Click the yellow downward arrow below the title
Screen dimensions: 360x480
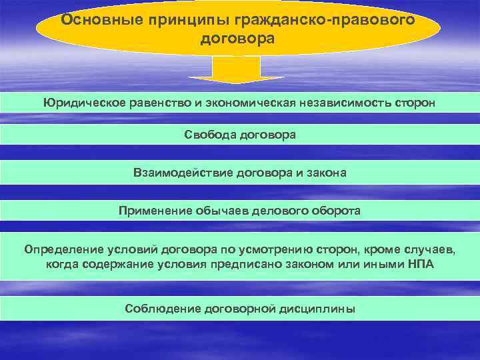click(237, 69)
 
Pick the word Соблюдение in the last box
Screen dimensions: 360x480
click(158, 309)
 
